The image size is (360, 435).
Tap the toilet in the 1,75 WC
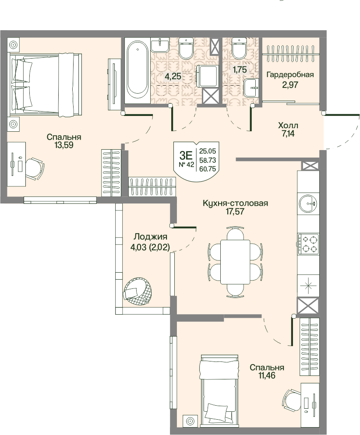pyautogui.click(x=239, y=48)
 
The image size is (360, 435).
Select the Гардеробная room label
pyautogui.click(x=290, y=75)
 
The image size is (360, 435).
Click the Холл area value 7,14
pyautogui.click(x=288, y=134)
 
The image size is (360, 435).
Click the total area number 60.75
pyautogui.click(x=208, y=169)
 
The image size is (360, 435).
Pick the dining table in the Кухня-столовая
pyautogui.click(x=235, y=262)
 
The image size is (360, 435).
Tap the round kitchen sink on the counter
pyautogui.click(x=308, y=203)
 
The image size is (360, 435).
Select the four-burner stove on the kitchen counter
pyautogui.click(x=308, y=244)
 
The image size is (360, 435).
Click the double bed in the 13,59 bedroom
pyautogui.click(x=46, y=84)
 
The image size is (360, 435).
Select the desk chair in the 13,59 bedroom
pyautogui.click(x=35, y=168)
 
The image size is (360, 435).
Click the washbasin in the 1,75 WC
pyautogui.click(x=251, y=88)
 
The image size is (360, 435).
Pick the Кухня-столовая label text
pyautogui.click(x=235, y=203)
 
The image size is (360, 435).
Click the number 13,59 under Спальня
pyautogui.click(x=64, y=145)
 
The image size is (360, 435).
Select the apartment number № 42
pyautogui.click(x=186, y=165)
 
